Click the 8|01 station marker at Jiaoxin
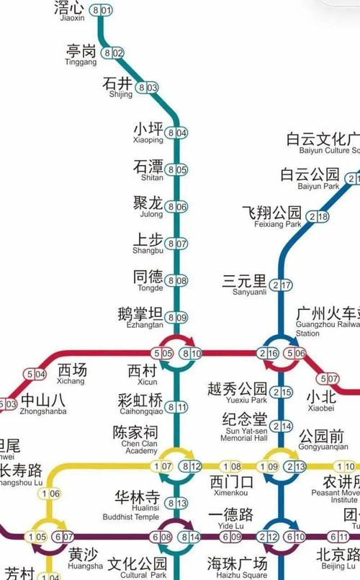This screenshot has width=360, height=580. (x=102, y=10)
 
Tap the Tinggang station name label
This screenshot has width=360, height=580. (x=81, y=55)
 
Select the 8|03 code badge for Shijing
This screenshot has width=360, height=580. (x=148, y=88)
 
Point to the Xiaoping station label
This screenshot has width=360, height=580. (x=148, y=132)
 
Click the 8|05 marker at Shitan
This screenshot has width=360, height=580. (x=176, y=169)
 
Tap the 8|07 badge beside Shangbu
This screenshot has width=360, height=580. (x=176, y=244)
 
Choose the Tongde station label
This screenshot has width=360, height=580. (x=148, y=280)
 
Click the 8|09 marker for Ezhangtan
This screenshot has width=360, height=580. (x=176, y=317)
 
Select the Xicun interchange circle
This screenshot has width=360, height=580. (x=177, y=353)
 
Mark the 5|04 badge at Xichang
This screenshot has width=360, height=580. (x=35, y=374)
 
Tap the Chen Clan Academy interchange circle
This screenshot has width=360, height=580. (x=177, y=466)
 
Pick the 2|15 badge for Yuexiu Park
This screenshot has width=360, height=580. (x=282, y=392)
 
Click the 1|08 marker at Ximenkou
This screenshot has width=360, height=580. (x=231, y=466)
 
